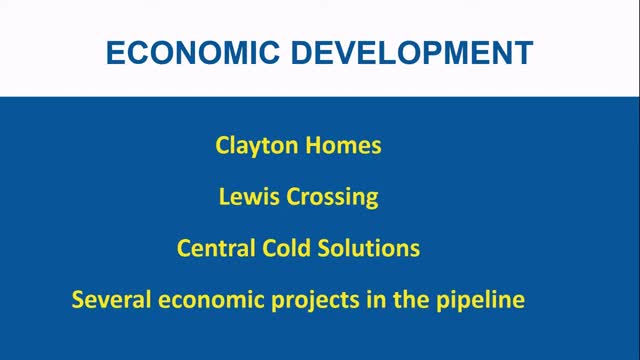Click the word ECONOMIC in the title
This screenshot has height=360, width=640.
tap(189, 52)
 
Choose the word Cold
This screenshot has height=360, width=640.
tap(291, 247)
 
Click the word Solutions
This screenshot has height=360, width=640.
tap(372, 247)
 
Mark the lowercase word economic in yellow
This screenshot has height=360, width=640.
tap(204, 298)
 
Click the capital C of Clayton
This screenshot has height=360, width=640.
tap(223, 145)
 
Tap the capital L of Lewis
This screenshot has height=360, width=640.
tap(224, 196)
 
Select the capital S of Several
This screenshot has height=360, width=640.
tap(78, 298)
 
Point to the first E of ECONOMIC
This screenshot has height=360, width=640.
tap(114, 52)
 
